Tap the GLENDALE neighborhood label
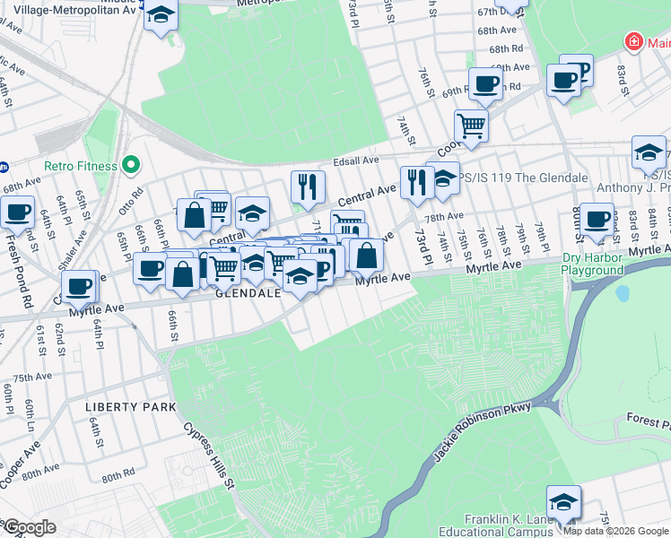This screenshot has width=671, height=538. coord(247,293)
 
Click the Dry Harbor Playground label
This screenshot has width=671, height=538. coord(592,264)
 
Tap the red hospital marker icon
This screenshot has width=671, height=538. coord(634,42)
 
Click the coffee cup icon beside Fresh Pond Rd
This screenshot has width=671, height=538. coord(17,213)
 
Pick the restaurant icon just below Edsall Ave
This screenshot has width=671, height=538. coord(308,186)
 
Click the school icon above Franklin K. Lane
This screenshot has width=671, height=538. coord(563,501)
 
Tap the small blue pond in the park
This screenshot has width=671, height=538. coord(623,293)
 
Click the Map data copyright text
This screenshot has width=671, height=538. coord(616,531)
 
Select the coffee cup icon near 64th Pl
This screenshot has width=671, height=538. coord(80,286)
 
